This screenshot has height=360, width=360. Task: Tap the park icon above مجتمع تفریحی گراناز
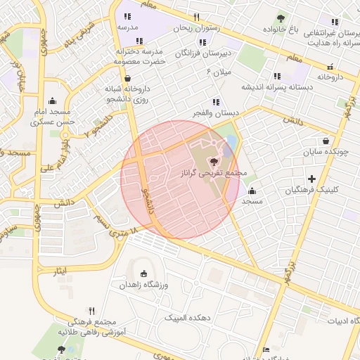[214, 162]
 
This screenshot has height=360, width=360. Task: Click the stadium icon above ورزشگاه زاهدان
[144, 274]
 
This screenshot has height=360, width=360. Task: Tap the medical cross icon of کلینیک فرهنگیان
[311, 179]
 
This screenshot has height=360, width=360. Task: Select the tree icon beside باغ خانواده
[281, 18]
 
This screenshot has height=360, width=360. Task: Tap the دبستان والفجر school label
[217, 113]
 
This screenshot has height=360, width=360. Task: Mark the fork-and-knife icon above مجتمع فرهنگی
[91, 310]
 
